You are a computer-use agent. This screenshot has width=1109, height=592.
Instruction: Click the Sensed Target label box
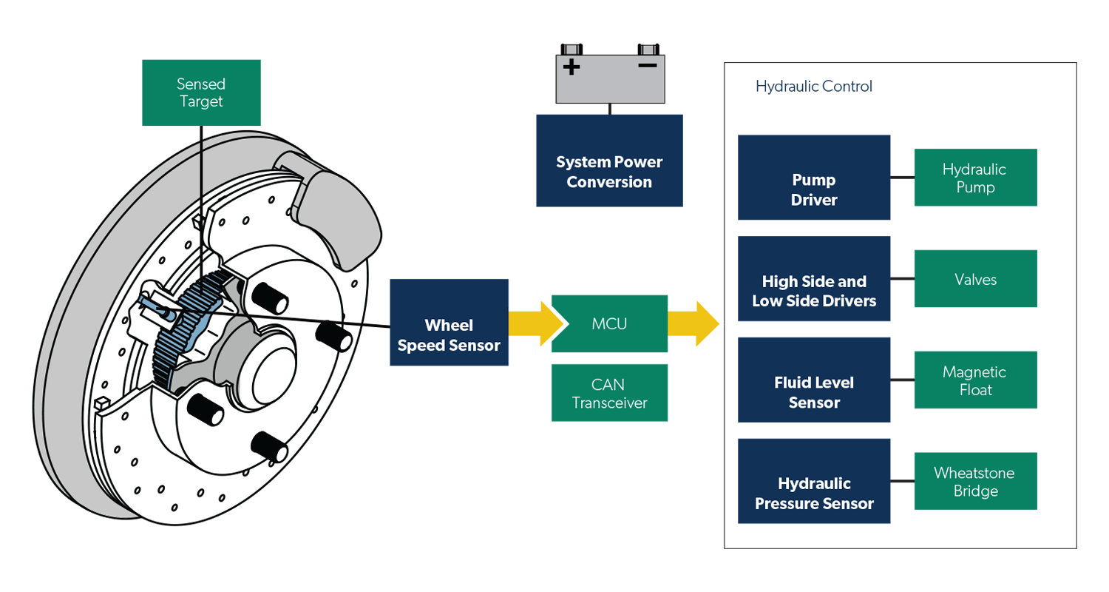tap(201, 92)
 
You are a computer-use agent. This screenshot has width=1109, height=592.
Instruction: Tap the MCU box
tap(609, 323)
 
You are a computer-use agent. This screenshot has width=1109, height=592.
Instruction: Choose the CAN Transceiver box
tap(609, 393)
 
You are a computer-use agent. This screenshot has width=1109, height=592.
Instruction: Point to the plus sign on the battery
tap(572, 67)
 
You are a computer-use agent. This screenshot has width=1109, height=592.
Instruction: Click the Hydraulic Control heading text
tap(814, 87)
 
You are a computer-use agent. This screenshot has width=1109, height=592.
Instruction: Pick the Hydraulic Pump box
tap(975, 178)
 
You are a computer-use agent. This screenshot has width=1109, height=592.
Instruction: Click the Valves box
tap(975, 279)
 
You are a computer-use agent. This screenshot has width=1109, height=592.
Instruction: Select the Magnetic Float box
tap(975, 380)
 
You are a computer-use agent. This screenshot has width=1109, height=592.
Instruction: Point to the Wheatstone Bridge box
tap(975, 482)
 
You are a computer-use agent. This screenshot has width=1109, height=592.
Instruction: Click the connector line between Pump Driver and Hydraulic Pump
tap(902, 178)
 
